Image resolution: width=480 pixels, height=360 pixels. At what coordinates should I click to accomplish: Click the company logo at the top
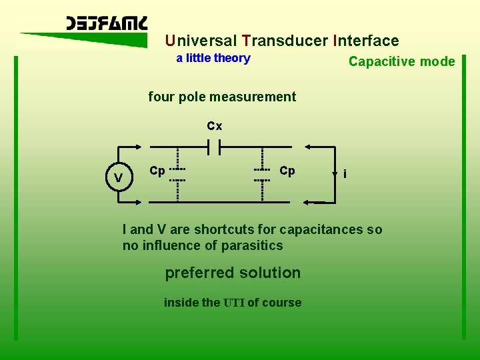(107, 25)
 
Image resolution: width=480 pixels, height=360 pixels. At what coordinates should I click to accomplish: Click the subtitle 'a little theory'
(213, 58)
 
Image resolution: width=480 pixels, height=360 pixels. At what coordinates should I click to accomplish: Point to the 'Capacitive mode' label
(401, 62)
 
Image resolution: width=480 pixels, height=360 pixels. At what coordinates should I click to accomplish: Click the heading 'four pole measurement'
(222, 97)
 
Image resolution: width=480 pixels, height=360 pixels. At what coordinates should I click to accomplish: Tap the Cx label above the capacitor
(214, 126)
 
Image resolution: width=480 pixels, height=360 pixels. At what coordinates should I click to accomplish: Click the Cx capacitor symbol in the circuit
(214, 146)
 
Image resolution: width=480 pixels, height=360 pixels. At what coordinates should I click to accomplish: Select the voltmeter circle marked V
(118, 178)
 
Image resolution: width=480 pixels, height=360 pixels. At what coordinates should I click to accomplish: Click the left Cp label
(157, 171)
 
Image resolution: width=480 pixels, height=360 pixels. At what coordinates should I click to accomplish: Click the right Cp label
(287, 171)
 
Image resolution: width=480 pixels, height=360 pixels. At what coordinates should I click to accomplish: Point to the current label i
(344, 175)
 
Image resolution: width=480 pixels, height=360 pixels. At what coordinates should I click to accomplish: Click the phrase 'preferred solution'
(233, 273)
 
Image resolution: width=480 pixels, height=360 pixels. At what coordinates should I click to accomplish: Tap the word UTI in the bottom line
(234, 303)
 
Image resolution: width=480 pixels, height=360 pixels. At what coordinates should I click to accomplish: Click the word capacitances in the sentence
(321, 230)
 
